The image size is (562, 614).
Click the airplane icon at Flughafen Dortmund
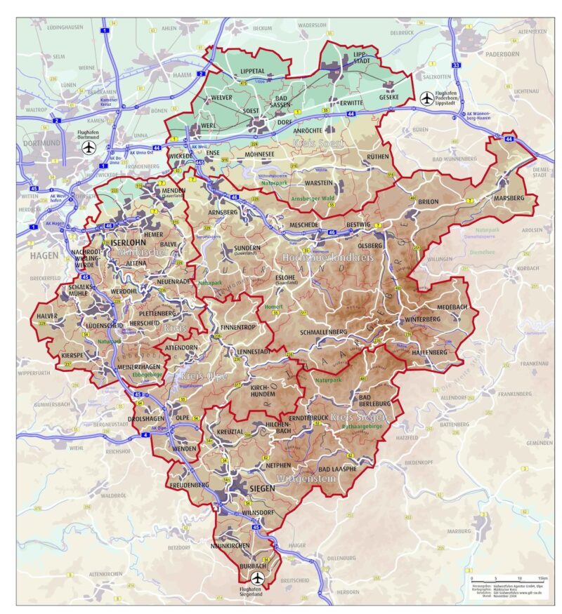coord(89,148)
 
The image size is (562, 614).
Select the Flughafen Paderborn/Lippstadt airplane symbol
coord(426,99)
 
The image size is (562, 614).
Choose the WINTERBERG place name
coord(422,319)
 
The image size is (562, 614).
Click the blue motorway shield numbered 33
coord(456,65)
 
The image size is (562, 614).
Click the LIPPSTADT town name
coord(360,58)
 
